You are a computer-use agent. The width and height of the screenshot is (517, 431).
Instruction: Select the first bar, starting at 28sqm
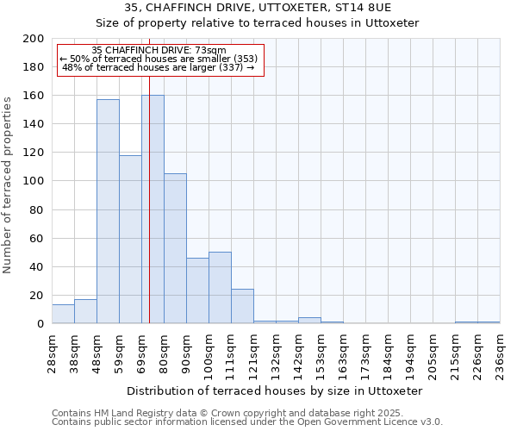(63, 315)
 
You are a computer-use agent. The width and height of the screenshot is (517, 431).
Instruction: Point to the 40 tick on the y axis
(37, 267)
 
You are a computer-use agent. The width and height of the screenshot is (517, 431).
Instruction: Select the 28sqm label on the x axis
(52, 352)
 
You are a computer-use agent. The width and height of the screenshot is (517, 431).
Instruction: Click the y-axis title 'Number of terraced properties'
(8, 185)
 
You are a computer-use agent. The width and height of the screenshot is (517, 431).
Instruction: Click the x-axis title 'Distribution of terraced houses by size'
(281, 390)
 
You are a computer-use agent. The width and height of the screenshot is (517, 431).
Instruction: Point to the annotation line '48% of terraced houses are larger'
(159, 67)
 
